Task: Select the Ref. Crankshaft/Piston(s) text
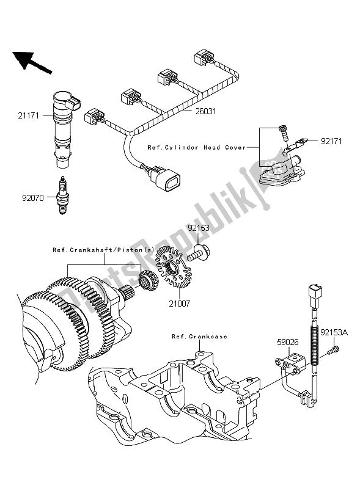(x=105, y=250)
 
